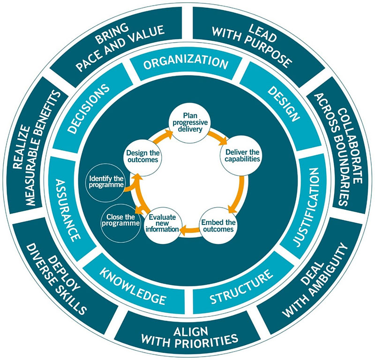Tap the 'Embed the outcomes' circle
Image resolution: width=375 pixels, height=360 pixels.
[217, 224]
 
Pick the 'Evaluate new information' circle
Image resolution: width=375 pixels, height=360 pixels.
[163, 223]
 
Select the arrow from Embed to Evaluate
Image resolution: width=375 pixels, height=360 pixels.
[189, 230]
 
